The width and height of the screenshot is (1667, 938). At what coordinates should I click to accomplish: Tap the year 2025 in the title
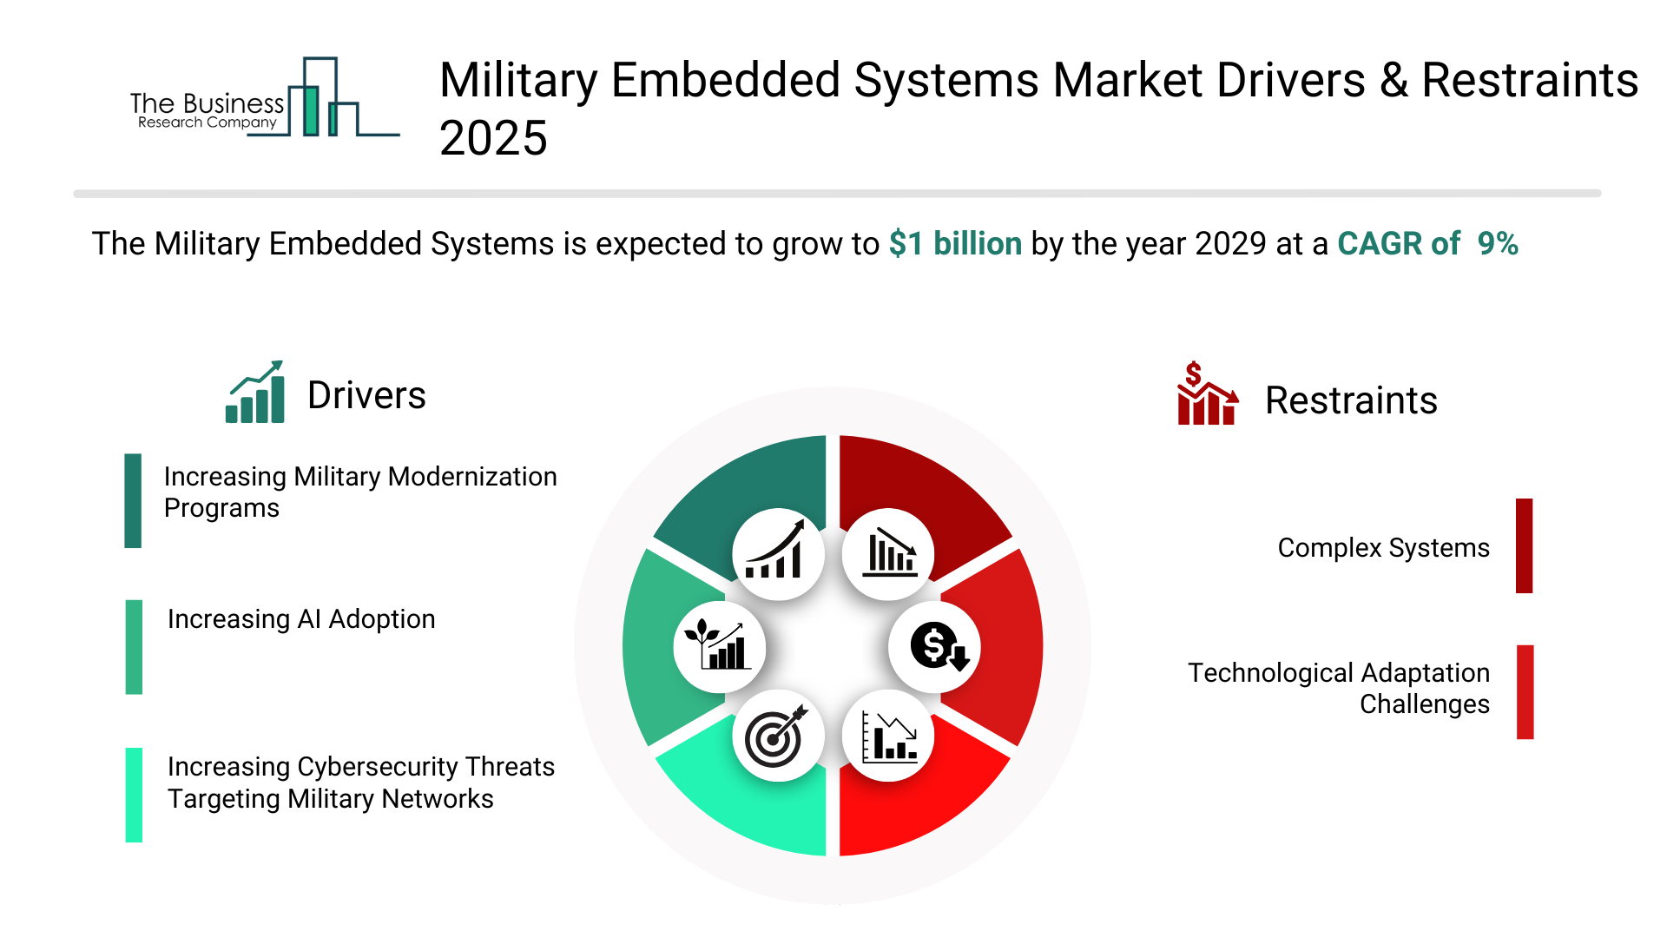(493, 139)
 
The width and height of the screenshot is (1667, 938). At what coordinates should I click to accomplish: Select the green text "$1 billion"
(955, 244)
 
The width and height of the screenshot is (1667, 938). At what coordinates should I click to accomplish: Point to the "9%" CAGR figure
(1498, 244)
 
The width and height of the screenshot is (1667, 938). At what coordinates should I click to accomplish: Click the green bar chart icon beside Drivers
(255, 393)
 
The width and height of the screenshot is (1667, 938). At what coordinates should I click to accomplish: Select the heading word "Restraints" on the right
(1351, 400)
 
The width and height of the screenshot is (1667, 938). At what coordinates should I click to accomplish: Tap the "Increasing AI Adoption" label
(301, 619)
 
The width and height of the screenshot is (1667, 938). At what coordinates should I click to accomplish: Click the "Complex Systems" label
(1383, 548)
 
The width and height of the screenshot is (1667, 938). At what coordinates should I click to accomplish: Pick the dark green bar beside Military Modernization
(133, 500)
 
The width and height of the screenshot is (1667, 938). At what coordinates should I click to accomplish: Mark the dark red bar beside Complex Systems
(1524, 545)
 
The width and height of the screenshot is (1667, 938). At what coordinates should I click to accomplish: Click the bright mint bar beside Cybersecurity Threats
(134, 795)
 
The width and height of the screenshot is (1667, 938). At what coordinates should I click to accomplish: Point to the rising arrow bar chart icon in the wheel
(777, 554)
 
